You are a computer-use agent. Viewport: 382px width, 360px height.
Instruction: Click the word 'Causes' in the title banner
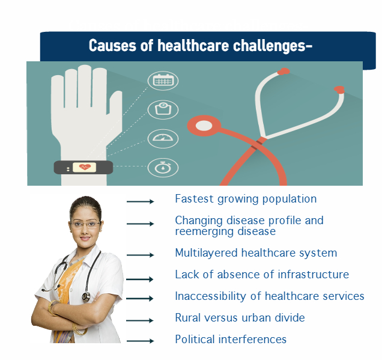112,46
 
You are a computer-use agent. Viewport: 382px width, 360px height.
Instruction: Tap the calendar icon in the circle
163,81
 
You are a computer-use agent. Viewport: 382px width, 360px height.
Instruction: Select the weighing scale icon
163,109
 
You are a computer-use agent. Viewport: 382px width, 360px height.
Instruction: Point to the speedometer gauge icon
163,138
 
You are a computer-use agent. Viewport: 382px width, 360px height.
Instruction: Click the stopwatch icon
163,167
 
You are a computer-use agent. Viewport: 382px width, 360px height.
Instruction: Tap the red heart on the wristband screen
85,167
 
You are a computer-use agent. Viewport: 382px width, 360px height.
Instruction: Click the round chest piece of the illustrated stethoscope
204,126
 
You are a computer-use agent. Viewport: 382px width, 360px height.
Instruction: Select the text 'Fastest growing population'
246,200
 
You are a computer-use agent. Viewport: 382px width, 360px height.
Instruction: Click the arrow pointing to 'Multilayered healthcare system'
141,255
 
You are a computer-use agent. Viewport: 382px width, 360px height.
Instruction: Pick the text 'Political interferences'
231,340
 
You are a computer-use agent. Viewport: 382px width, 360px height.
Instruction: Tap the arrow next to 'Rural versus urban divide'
140,320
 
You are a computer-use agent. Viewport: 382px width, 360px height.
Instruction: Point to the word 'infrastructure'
314,275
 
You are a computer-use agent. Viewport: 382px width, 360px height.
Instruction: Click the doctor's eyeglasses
85,224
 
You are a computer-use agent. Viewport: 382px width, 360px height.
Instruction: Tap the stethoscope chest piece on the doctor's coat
86,296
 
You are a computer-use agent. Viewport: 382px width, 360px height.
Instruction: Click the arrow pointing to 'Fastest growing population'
141,201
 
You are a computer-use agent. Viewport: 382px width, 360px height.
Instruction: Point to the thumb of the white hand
115,107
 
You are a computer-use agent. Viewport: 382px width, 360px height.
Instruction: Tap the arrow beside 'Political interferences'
141,341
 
